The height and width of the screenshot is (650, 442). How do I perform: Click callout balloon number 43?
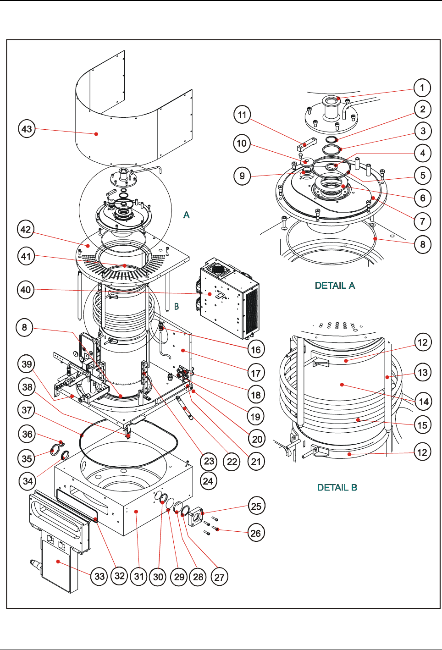coord(27,129)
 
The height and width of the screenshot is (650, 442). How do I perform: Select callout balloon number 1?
coord(422,88)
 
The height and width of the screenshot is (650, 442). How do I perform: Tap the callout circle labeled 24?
coord(208,481)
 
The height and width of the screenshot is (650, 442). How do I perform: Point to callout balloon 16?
coord(256,350)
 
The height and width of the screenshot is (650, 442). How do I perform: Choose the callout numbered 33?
coord(99,576)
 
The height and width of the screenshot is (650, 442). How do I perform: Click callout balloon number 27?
coord(219,577)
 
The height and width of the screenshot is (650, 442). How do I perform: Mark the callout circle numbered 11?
coord(242,115)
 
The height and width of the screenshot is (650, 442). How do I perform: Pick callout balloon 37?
coord(27,409)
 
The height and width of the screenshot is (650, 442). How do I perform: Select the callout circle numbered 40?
coord(26,290)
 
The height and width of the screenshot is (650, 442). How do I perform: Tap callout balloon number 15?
coord(422,425)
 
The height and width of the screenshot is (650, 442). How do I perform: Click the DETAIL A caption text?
coord(335,286)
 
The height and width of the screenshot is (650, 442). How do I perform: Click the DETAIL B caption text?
coord(337,487)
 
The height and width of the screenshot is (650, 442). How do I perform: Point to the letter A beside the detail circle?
coord(186,215)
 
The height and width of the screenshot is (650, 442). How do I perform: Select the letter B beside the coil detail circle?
coord(177,306)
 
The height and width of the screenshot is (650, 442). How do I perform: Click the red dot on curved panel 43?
coord(96,134)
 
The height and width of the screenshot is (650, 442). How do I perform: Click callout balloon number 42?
coord(26,229)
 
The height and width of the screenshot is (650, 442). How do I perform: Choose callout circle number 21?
coord(256,461)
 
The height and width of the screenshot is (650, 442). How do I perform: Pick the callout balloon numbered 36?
coord(28,434)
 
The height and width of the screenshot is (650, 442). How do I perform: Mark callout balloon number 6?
coord(423,198)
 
